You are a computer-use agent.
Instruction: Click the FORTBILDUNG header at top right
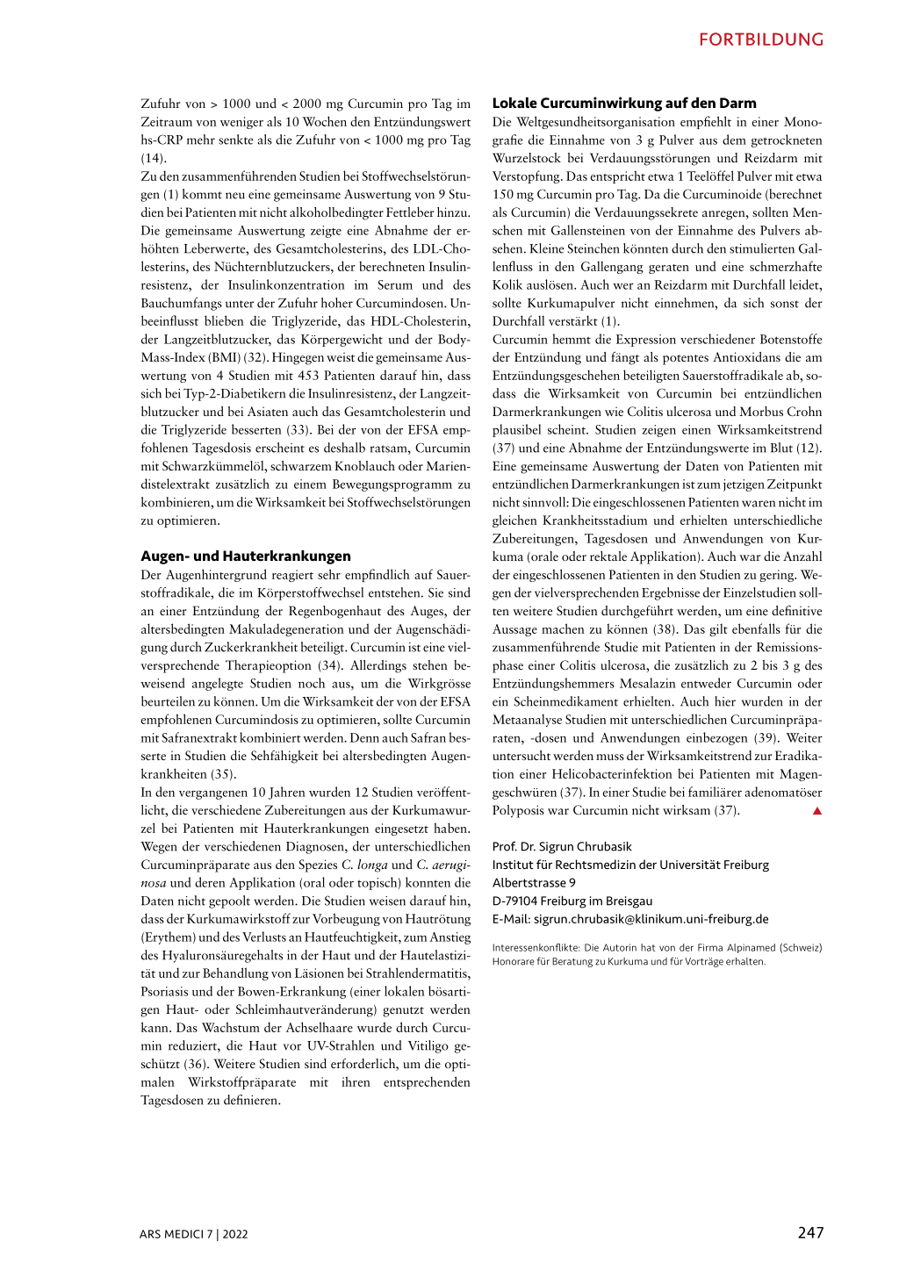point(761,39)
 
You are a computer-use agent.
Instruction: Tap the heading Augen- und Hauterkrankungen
point(246,556)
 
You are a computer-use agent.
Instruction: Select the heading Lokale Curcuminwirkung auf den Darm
point(624,103)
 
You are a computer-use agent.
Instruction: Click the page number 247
point(810,1232)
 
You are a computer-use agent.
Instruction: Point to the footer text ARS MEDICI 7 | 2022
point(193,1234)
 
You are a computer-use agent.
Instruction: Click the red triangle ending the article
point(816,811)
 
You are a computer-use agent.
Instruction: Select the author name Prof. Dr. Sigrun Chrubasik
point(562,846)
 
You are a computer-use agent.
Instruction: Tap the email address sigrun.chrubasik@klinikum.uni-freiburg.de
point(651,919)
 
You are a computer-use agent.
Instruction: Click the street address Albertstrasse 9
point(534,883)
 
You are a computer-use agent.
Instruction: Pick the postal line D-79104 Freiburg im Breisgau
point(572,901)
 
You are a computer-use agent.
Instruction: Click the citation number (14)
point(154,158)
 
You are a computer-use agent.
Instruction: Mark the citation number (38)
point(665,629)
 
